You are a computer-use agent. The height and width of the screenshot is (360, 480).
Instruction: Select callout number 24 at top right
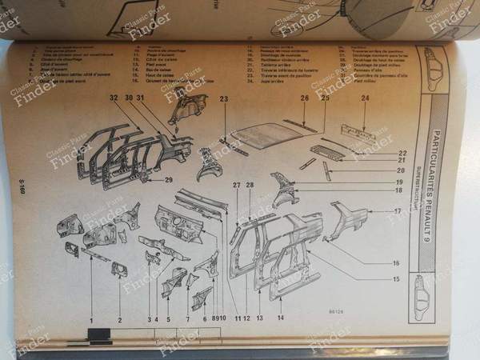pos(365,98)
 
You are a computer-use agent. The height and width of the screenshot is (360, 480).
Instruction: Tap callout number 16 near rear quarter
pos(395,262)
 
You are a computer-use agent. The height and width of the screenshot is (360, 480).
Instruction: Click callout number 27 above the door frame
pos(237,186)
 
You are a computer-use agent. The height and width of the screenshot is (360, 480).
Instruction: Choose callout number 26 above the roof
pos(305,98)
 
